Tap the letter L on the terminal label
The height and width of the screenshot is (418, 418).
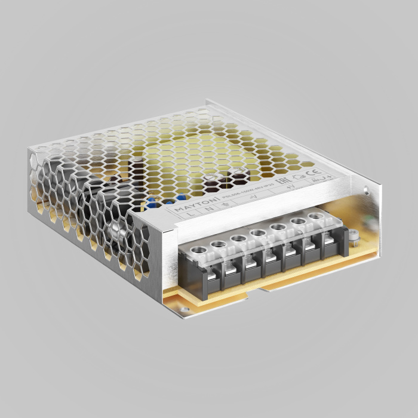pos(190,213)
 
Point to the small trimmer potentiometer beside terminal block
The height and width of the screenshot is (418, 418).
pos(352,237)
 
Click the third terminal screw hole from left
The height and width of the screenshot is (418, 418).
pos(238,237)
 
